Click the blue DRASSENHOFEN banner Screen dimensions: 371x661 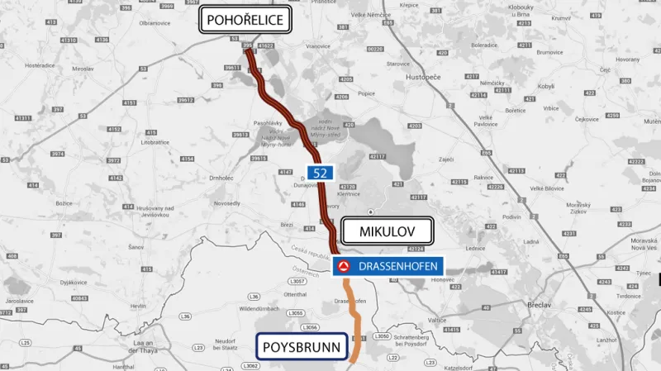pos(389,266)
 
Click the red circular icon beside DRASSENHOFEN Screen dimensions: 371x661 pos(344,266)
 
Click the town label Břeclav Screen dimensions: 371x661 pos(540,305)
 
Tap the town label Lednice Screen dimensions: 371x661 pos(474,247)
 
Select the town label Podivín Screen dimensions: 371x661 pos(511,216)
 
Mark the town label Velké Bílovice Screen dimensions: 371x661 pos(547,188)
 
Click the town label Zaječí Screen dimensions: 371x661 pos(447,158)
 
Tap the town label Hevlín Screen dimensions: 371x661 pos(137,306)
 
